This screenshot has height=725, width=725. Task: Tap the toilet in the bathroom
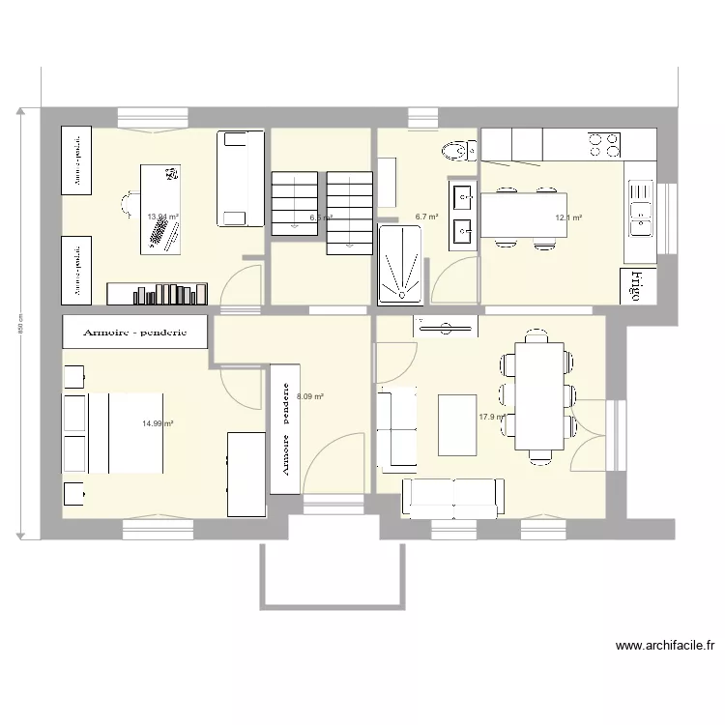[457, 149]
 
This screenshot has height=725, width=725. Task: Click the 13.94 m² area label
[162, 217]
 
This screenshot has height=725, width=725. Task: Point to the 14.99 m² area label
[157, 423]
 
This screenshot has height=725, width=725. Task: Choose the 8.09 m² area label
[310, 396]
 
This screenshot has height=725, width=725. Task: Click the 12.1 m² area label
[568, 218]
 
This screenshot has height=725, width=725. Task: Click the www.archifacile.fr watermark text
[664, 646]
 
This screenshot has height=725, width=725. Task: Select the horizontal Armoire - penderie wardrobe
[135, 332]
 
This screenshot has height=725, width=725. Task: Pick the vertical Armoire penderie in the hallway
[285, 427]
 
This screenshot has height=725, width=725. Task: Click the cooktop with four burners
[605, 144]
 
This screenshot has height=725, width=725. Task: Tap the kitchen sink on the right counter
[640, 211]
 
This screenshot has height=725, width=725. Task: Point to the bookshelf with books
[158, 292]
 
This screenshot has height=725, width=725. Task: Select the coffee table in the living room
[458, 423]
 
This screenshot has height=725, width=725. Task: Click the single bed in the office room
[239, 177]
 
